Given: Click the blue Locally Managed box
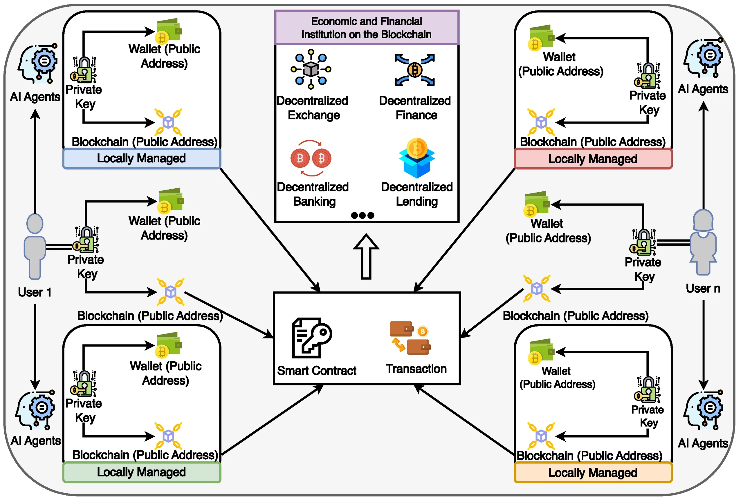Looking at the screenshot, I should (x=142, y=159).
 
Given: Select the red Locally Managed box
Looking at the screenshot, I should (x=593, y=159).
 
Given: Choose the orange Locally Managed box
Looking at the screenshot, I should (x=593, y=473).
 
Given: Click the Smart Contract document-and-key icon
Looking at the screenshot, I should (x=312, y=338).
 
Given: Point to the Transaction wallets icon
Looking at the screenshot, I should (x=410, y=338).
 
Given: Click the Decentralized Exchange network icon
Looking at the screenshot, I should (x=311, y=69).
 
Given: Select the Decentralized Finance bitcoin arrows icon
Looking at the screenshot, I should (x=415, y=70).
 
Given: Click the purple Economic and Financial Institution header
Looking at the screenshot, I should (x=367, y=28).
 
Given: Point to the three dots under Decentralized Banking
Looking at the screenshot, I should (x=362, y=215).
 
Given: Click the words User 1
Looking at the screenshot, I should (x=35, y=292).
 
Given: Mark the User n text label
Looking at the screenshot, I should (x=703, y=289).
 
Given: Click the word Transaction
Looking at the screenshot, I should (x=416, y=369).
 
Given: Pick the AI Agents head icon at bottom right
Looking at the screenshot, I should (x=703, y=411).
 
